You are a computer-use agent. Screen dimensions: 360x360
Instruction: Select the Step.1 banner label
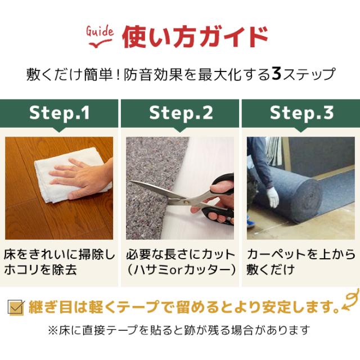click(x=60, y=113)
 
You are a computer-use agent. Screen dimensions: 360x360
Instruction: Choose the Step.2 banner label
click(x=181, y=113)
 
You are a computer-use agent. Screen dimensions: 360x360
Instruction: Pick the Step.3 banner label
click(x=301, y=113)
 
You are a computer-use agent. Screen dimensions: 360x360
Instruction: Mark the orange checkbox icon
click(x=15, y=307)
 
